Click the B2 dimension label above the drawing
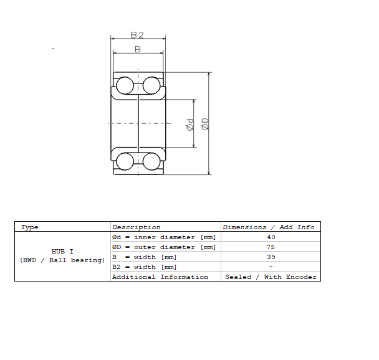137,35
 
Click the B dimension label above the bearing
138,49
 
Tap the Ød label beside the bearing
189,124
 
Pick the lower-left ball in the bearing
125,161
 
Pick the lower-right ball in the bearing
151,161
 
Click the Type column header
30,227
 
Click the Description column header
136,227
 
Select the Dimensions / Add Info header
270,227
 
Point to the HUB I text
62,252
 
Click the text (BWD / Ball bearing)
62,260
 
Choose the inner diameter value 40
271,237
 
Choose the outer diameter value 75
271,247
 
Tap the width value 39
271,257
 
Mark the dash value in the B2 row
271,267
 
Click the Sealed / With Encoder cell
271,277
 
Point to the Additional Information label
160,277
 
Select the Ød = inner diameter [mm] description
163,237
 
